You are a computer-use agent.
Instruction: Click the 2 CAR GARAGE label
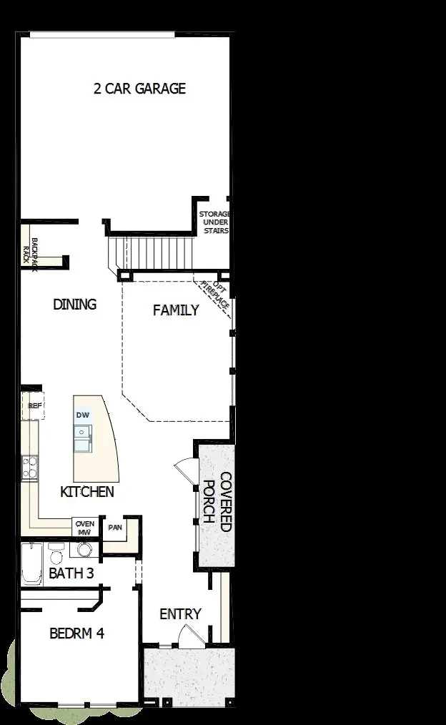click(139, 89)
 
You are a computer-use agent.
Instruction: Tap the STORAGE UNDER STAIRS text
click(214, 222)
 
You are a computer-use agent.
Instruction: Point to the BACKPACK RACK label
click(29, 250)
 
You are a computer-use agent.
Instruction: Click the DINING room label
click(74, 305)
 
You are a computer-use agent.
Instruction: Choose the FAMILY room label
click(176, 310)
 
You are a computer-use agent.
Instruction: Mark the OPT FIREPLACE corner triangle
click(217, 293)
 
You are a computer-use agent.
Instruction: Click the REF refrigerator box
click(33, 405)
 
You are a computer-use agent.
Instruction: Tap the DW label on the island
click(82, 415)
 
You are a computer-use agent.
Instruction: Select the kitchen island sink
click(84, 438)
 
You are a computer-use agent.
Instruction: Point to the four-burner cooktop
click(29, 468)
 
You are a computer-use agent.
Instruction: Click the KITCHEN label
click(86, 492)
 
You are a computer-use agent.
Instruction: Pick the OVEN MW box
click(84, 528)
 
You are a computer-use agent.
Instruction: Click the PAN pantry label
click(114, 528)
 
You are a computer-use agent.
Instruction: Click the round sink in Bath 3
click(84, 550)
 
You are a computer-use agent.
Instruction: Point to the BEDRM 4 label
click(76, 633)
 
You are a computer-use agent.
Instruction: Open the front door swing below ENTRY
click(189, 636)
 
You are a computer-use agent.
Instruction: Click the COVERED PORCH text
click(217, 502)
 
